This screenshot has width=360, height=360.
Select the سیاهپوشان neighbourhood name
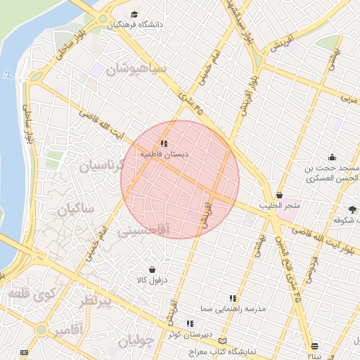tap(136, 70)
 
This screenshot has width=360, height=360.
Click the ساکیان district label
tap(76, 209)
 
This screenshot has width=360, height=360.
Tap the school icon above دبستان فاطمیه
tap(165, 143)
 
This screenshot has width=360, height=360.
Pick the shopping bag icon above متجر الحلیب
tap(280, 195)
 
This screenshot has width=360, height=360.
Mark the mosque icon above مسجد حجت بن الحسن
tap(332, 157)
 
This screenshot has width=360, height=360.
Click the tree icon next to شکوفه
tap(352, 210)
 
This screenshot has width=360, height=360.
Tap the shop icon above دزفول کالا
tap(152, 269)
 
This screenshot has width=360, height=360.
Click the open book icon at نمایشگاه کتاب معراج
tap(224, 340)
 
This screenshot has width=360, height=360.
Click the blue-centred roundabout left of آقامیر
tap(41, 329)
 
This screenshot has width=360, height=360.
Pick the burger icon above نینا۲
tap(314, 346)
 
